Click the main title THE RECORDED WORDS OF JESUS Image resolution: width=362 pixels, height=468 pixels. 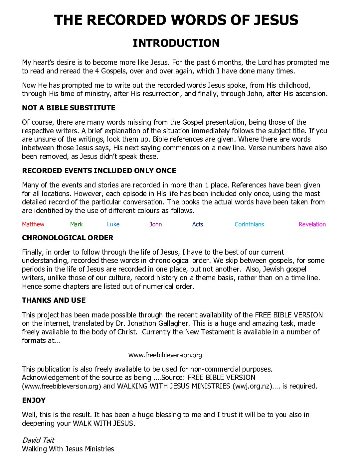pos(176,20)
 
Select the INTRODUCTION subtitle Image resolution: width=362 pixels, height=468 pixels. pos(176,43)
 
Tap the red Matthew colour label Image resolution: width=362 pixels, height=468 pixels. pos(33,224)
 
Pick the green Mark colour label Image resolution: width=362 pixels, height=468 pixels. pos(76,224)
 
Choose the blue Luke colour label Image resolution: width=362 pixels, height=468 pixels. pos(113,224)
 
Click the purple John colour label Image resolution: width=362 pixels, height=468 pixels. pos(155,224)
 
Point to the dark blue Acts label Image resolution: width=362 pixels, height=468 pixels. pos(197,224)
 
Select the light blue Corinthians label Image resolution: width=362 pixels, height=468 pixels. pos(249,224)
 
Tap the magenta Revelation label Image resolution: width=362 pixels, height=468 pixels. pos(312,224)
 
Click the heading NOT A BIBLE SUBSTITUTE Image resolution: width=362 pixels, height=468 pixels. pos(69,108)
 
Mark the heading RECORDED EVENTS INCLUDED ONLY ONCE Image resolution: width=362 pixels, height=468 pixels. pos(99,171)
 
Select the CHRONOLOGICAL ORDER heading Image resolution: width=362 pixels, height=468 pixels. pos(68,238)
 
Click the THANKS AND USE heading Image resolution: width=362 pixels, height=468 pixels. pos(54,300)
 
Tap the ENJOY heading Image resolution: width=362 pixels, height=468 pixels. pos(34,401)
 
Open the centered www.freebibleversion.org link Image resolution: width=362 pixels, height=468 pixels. pos(165,355)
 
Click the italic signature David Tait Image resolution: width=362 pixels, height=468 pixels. pos(38,440)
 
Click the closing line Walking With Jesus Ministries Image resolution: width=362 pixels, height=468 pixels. pos(68,449)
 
